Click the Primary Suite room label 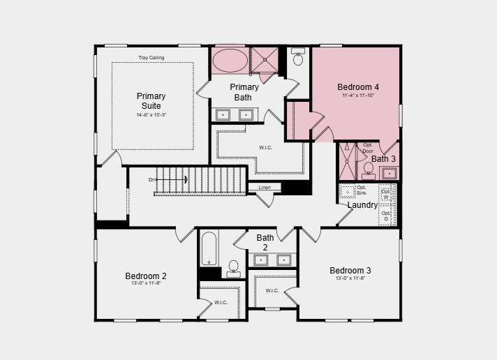[151, 100]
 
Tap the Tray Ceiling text [151, 57]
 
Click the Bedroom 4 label [358, 87]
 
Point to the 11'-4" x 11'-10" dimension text [358, 96]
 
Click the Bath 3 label [383, 159]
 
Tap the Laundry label [362, 205]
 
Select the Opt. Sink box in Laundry [348, 191]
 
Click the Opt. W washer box [386, 193]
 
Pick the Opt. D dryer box [386, 216]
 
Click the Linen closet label [265, 188]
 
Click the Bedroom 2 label [146, 276]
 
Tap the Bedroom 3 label [350, 270]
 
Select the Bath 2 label [265, 242]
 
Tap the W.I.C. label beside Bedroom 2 [221, 303]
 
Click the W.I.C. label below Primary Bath [265, 147]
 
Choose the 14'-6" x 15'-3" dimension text [151, 114]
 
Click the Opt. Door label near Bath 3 [368, 148]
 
